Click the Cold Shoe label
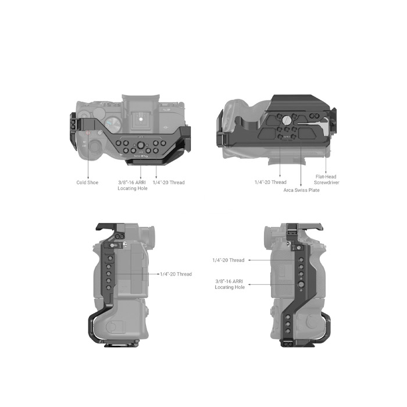click(87, 183)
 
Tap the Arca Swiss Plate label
click(301, 190)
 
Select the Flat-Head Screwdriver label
click(327, 180)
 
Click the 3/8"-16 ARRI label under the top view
click(132, 183)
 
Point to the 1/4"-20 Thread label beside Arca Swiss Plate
click(270, 182)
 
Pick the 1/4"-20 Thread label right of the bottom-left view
click(176, 274)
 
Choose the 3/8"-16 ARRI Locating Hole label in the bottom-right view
click(230, 284)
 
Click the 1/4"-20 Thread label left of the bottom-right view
click(229, 260)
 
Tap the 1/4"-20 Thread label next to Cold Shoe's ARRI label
click(169, 183)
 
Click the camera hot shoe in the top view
click(141, 119)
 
